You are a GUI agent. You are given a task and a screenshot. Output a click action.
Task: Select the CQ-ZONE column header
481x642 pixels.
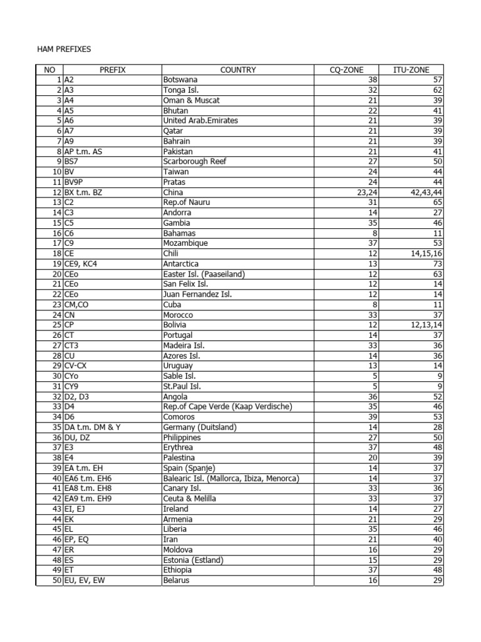346,70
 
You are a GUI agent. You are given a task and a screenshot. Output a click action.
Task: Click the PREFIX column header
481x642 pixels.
113,70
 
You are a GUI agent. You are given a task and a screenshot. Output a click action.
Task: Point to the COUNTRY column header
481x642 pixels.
238,70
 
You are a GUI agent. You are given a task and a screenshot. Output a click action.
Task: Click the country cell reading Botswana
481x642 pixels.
180,80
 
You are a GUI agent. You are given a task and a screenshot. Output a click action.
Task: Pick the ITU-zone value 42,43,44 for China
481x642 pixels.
423,192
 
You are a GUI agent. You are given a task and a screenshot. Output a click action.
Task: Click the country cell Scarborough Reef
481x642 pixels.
194,162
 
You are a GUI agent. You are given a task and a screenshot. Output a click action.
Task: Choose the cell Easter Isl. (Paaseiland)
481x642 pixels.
204,274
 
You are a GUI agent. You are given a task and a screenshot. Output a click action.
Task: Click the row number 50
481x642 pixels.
57,581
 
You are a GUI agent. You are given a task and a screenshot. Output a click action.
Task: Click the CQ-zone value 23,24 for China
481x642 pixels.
365,192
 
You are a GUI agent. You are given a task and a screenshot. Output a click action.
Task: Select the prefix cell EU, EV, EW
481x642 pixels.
86,581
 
